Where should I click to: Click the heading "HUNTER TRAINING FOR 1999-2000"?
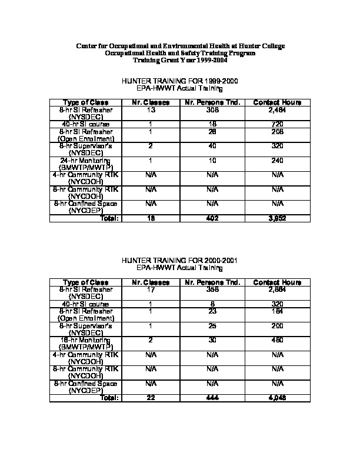[x=179, y=81]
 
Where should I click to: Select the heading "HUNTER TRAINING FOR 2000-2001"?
[x=179, y=260]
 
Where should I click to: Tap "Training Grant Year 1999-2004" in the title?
[x=179, y=60]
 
